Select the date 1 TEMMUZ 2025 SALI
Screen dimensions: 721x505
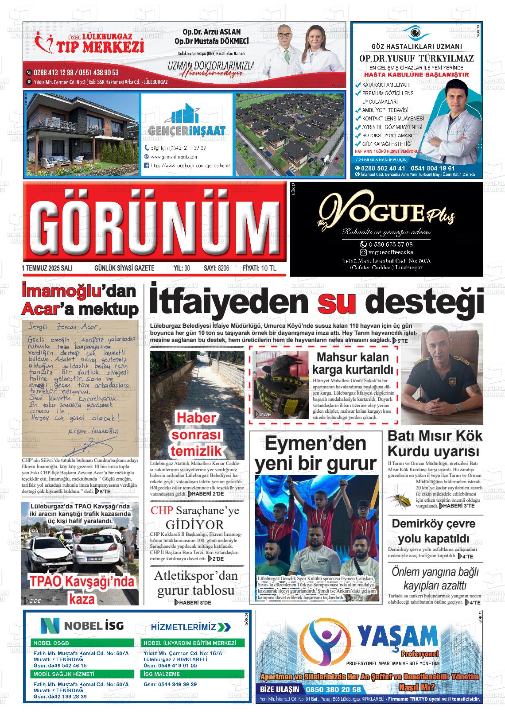click(x=47, y=268)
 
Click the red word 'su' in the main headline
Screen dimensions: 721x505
click(x=337, y=303)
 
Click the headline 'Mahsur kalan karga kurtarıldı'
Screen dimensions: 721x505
click(x=353, y=363)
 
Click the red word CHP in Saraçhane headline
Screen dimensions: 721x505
click(x=161, y=511)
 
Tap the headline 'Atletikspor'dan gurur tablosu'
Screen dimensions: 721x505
click(x=196, y=583)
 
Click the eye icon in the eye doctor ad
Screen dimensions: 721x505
click(x=416, y=33)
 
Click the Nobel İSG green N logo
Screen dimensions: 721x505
click(x=50, y=625)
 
